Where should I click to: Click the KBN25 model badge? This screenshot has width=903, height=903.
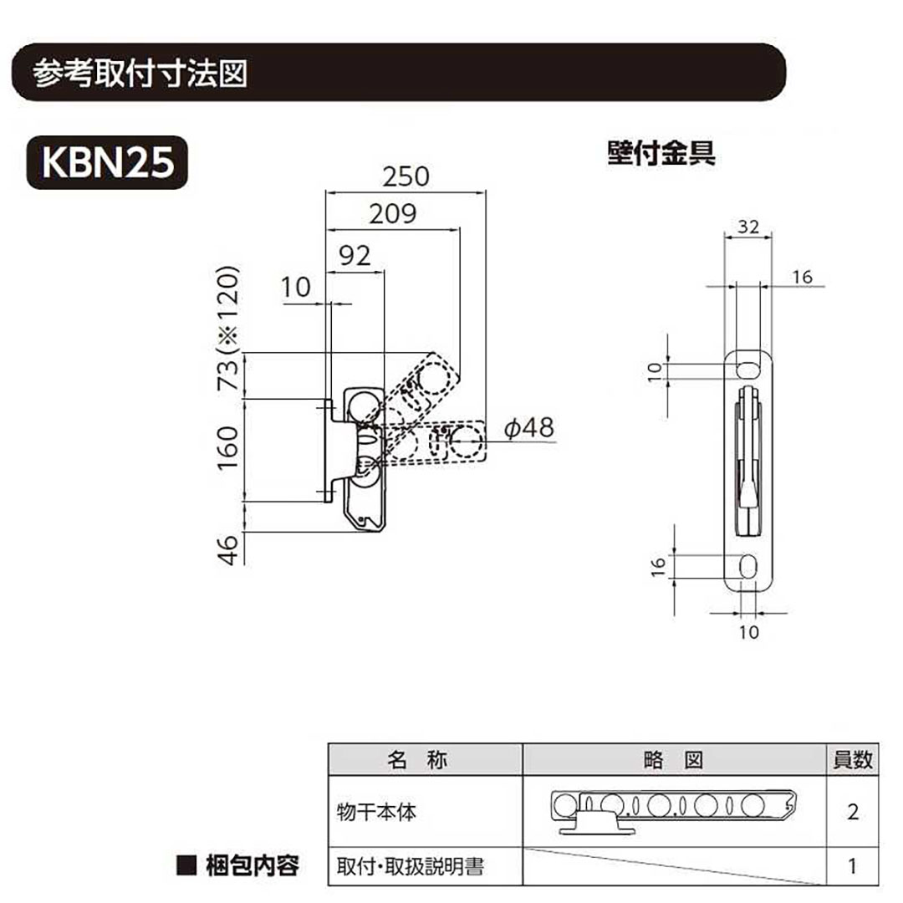click(107, 162)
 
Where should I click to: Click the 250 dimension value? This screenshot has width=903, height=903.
click(406, 176)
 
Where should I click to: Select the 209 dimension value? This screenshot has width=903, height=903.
click(393, 214)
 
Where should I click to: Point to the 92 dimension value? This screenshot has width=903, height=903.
click(355, 256)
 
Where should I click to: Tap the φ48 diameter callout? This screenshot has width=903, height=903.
click(528, 428)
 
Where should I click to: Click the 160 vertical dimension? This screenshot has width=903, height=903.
click(227, 448)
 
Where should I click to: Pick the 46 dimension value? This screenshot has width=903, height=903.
click(228, 550)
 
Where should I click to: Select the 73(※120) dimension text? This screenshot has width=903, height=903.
click(227, 328)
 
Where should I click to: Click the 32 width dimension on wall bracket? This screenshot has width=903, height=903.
click(748, 227)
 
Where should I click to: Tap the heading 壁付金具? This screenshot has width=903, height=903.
click(661, 154)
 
